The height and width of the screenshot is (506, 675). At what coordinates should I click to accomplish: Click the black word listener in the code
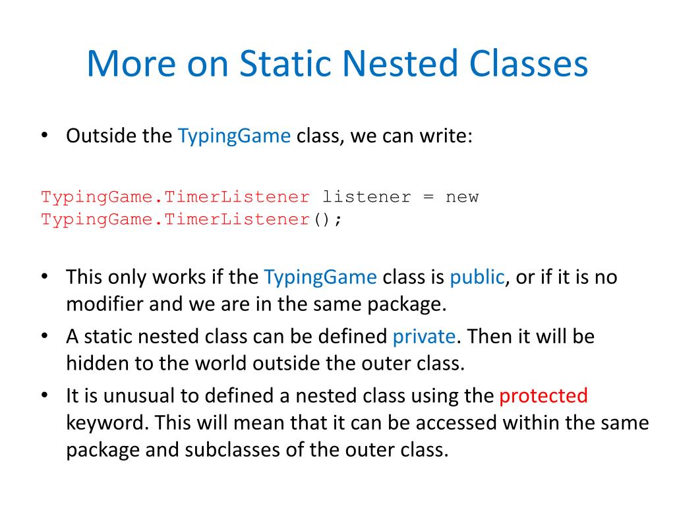pyautogui.click(x=366, y=197)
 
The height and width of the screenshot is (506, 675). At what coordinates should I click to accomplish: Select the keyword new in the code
pyautogui.click(x=462, y=197)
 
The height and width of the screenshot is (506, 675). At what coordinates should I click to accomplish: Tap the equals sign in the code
pyautogui.click(x=426, y=197)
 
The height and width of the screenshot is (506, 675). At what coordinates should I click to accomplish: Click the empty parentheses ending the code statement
pyautogui.click(x=322, y=219)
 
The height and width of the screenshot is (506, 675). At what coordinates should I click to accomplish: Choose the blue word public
pyautogui.click(x=477, y=277)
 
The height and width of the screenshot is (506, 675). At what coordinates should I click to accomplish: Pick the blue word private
pyautogui.click(x=424, y=337)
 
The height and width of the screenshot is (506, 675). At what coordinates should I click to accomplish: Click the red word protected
pyautogui.click(x=543, y=396)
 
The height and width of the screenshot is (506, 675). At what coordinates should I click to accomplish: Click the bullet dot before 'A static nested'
pyautogui.click(x=44, y=337)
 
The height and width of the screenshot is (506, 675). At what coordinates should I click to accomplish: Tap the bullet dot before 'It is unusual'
pyautogui.click(x=44, y=396)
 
